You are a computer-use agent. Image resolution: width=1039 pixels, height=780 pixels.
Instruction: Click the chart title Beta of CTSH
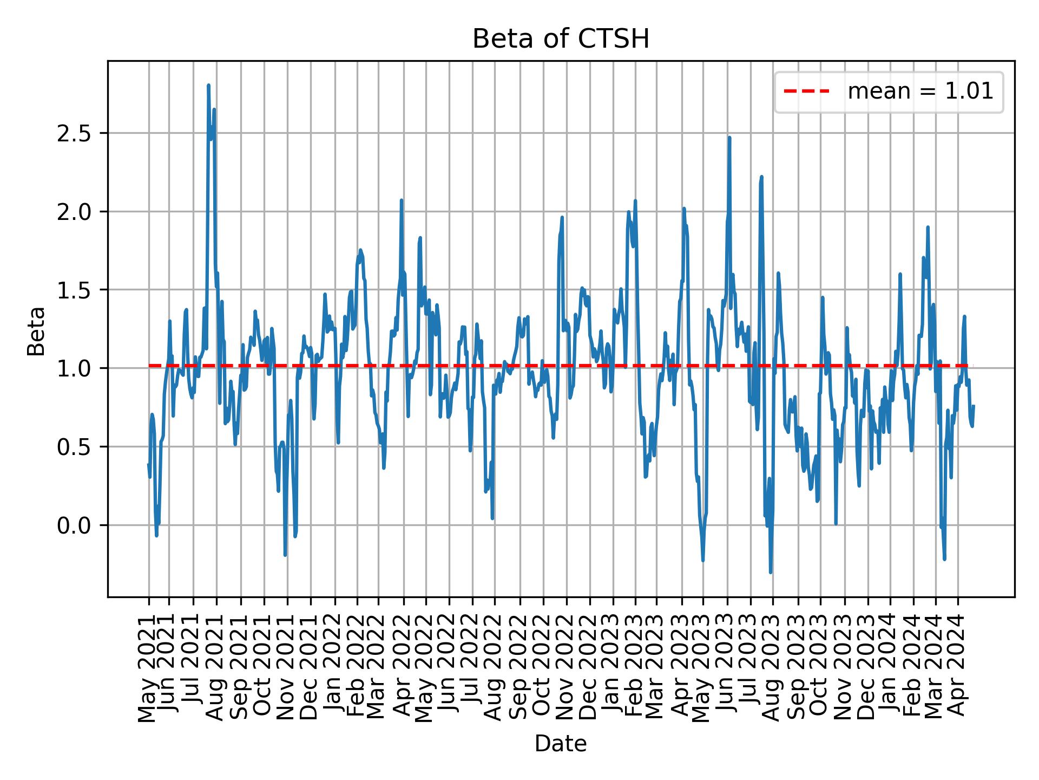[x=561, y=40]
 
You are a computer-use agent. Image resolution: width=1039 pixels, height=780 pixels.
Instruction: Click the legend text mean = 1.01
[x=920, y=92]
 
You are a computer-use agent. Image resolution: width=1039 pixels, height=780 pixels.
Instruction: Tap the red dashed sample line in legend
[x=806, y=92]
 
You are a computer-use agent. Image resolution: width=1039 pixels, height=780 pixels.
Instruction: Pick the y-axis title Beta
[x=36, y=331]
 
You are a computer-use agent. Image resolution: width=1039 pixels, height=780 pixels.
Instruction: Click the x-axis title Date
[x=561, y=744]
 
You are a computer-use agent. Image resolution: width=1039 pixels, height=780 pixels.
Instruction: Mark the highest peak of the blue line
[x=208, y=85]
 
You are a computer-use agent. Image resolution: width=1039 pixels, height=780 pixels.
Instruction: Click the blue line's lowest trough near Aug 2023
[x=771, y=572]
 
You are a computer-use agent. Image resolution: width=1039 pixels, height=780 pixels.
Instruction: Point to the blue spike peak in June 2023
[x=729, y=138]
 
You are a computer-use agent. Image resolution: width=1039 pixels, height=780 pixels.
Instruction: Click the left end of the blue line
[x=148, y=464]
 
